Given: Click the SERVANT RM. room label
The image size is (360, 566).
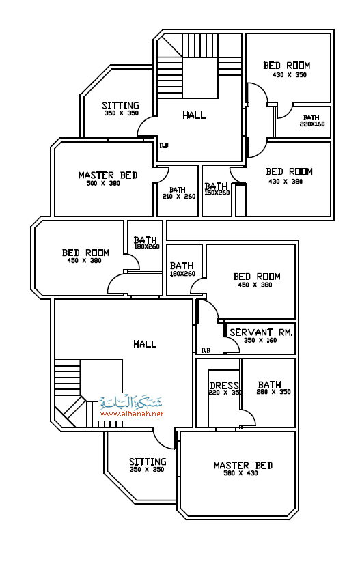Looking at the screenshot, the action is [x=261, y=332].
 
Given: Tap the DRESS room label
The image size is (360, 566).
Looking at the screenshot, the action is [x=224, y=385].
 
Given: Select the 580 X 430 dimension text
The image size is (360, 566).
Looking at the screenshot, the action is [x=240, y=473].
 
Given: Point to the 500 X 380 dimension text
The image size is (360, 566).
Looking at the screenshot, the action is [x=103, y=184].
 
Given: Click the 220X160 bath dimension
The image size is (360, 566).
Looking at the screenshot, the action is [x=312, y=124].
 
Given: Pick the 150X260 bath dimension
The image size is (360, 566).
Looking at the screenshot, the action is [x=217, y=193].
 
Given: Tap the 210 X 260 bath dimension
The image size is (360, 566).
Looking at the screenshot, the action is [x=179, y=197].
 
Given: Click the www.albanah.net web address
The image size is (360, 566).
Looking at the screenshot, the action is [x=132, y=414].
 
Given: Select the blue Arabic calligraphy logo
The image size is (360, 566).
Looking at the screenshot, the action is [x=131, y=401].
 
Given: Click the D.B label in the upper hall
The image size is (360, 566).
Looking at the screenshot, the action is [x=164, y=145].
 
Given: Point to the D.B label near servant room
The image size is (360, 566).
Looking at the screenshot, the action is [x=206, y=350].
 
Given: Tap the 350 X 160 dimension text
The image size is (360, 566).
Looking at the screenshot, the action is [x=260, y=341].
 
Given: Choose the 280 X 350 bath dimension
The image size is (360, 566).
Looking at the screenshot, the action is [x=273, y=392].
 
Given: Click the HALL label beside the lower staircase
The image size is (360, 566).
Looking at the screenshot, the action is [x=145, y=343].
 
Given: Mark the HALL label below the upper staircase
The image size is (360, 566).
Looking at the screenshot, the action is [x=194, y=115].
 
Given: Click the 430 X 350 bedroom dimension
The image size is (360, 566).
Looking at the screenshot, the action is [x=289, y=75].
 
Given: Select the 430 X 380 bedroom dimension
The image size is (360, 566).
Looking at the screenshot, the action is [x=286, y=182].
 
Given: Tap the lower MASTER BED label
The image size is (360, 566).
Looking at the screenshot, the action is [x=243, y=465].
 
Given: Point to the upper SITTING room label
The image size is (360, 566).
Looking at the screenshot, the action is [x=120, y=105].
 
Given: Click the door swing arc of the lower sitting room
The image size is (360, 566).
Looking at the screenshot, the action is [x=159, y=443].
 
